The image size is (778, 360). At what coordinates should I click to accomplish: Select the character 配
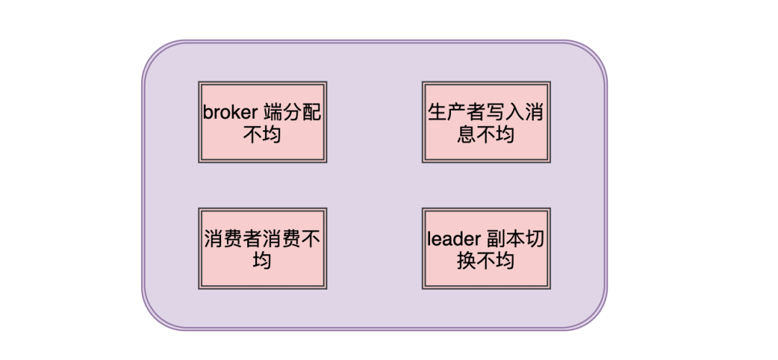coord(312,112)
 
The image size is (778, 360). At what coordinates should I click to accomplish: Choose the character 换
coord(466,261)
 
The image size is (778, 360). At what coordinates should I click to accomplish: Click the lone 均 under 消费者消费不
coord(262,261)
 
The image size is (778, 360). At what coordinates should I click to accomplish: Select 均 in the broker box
coord(272,135)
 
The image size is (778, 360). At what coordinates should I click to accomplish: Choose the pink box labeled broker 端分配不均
coord(262,122)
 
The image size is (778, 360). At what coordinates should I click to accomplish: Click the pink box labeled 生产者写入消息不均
coord(486,122)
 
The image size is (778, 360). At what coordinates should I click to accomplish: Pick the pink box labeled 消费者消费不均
coord(262,248)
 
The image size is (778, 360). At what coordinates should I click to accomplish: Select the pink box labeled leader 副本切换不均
coord(486,248)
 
